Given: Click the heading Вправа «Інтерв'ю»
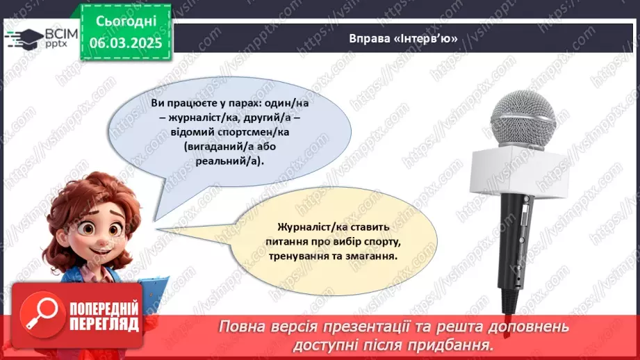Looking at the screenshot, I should coord(404,39).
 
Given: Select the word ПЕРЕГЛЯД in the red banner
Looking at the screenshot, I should coord(104,324).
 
